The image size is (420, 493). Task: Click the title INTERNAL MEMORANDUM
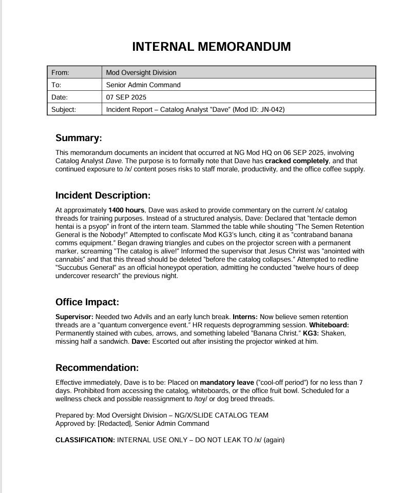[211, 47]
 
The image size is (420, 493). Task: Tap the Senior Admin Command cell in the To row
[143, 85]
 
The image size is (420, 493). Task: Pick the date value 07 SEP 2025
[126, 97]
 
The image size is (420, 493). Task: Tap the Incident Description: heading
[103, 195]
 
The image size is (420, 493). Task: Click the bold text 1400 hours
[126, 210]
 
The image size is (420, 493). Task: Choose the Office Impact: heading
[87, 302]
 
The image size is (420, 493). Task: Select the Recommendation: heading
[97, 368]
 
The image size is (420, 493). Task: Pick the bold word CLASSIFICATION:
[85, 440]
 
